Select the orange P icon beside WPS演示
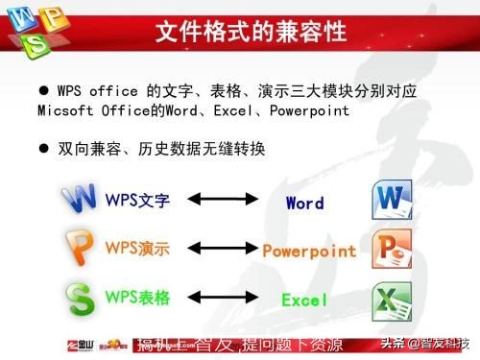pos(80,247)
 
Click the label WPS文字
pos(137,201)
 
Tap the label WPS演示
pos(137,249)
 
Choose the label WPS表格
pos(137,298)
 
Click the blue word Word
pos(304,203)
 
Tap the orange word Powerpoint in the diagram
pos(309,252)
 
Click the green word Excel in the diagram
pos(304,300)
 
